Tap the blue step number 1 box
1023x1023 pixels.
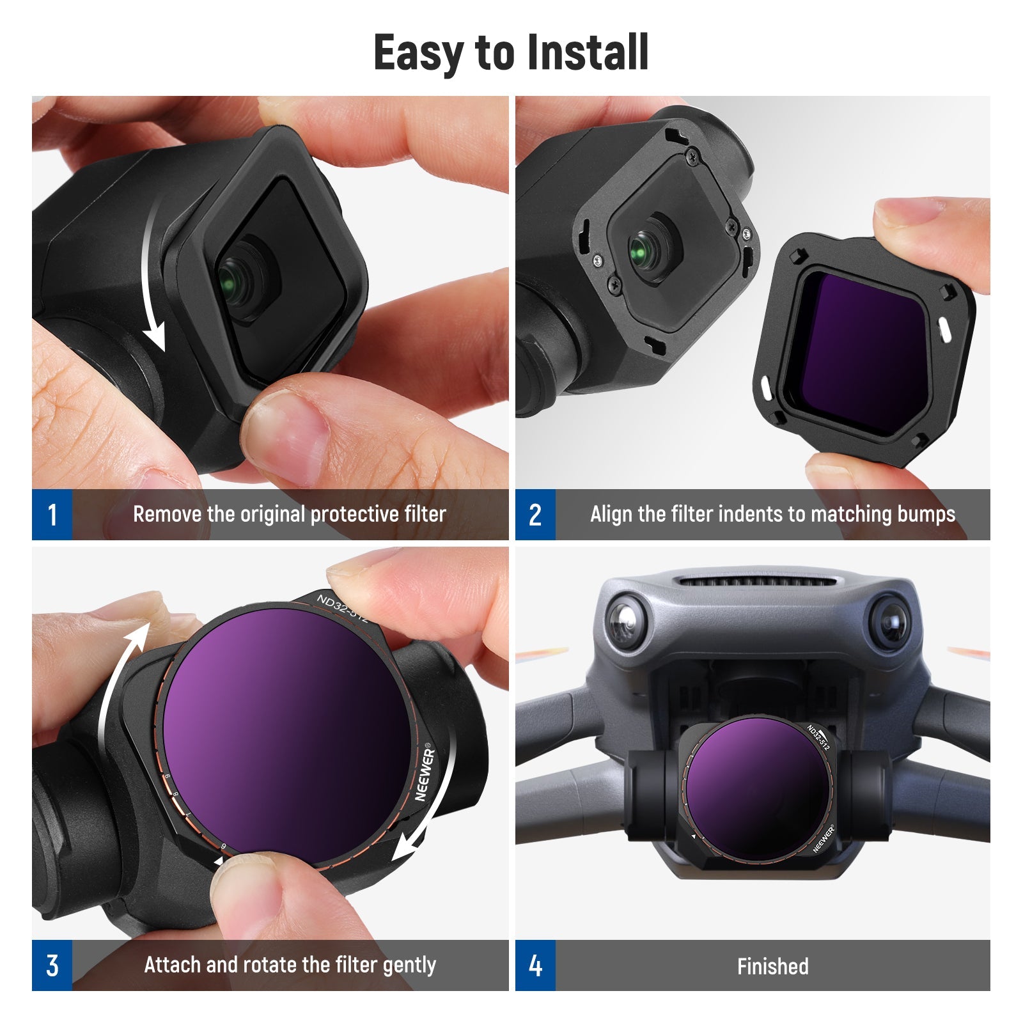(x=52, y=515)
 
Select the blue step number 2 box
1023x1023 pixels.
(x=535, y=515)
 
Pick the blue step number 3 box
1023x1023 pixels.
(x=52, y=965)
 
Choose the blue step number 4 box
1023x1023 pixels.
(x=535, y=965)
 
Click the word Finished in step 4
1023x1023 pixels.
(x=772, y=966)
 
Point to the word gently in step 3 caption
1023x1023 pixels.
(x=409, y=966)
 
